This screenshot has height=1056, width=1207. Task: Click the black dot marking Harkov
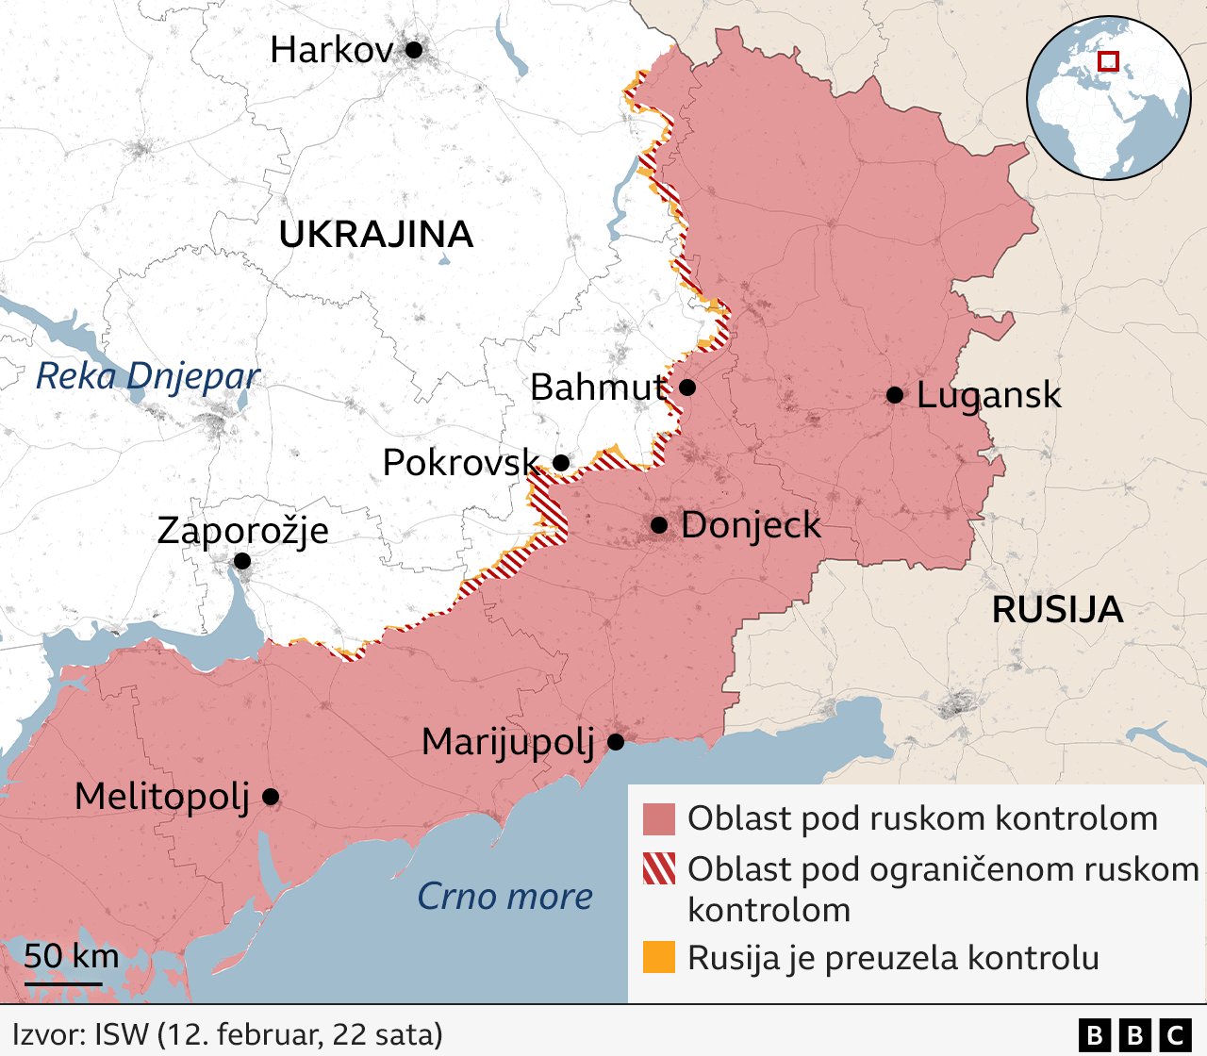[x=414, y=50]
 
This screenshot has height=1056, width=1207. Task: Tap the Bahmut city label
[x=599, y=388]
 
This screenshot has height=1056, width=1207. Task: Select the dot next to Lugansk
[x=895, y=395]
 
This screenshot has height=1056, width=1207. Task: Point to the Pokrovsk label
[x=460, y=463]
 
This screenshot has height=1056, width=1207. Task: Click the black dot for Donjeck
[x=659, y=525]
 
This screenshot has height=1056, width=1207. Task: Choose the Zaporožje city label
[x=242, y=531]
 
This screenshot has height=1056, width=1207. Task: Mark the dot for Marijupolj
[x=616, y=742]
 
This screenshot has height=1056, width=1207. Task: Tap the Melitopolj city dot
[x=271, y=797]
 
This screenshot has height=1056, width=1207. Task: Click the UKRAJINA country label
[x=375, y=235]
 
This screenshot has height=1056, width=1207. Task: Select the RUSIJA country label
[x=1057, y=610]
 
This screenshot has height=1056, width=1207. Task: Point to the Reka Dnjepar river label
[x=147, y=376]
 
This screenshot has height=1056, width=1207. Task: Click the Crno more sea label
[x=504, y=897]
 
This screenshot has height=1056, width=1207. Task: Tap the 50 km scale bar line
[x=63, y=984]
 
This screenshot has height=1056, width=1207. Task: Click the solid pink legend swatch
[x=659, y=819]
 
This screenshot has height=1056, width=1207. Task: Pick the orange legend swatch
[x=659, y=957]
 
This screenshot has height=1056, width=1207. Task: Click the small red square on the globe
[x=1109, y=61]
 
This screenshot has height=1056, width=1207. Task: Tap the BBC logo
[x=1134, y=1035]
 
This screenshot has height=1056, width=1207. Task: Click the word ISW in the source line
[x=122, y=1034]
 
